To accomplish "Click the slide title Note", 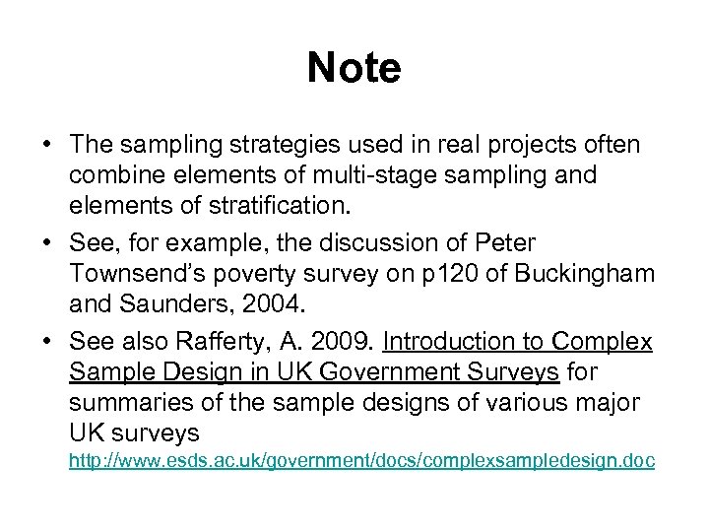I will (354, 68).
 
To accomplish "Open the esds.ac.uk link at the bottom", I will (360, 461).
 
